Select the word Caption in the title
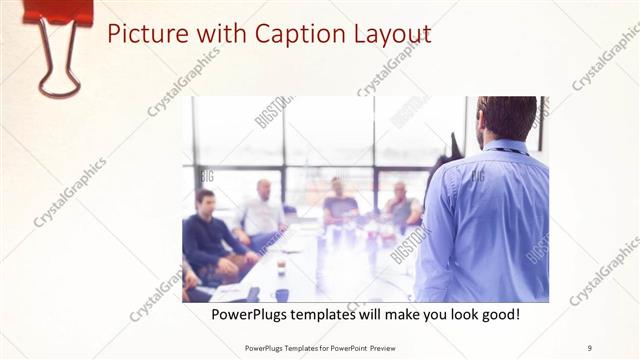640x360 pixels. pyautogui.click(x=281, y=34)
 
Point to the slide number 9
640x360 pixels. pyautogui.click(x=590, y=347)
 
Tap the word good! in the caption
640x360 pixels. pyautogui.click(x=498, y=314)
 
